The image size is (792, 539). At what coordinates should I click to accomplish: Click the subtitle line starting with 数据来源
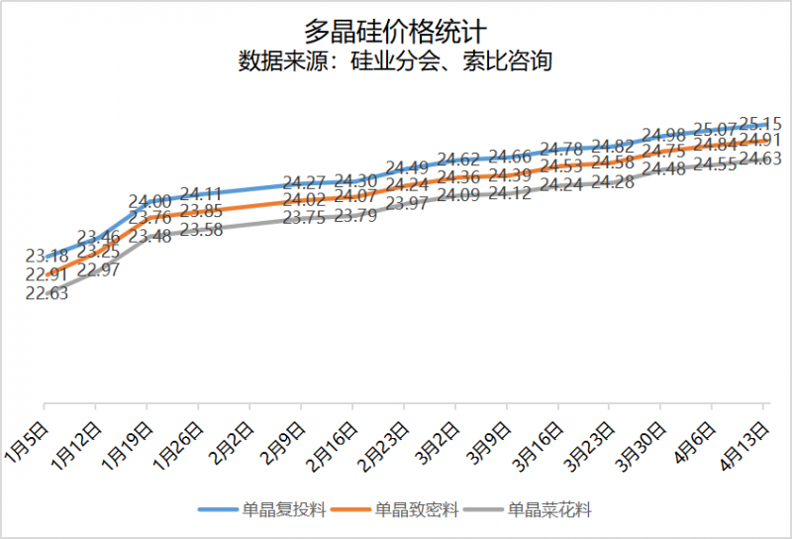pos(395,61)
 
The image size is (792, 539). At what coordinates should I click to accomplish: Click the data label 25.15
pos(761,124)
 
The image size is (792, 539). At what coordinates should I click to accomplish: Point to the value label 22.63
pos(47,293)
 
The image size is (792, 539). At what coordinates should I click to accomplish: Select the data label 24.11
pos(201,194)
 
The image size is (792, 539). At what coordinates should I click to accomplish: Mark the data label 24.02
pos(304,201)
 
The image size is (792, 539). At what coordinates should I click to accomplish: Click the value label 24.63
pos(761,159)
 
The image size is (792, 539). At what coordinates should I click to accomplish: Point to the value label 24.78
pos(561,150)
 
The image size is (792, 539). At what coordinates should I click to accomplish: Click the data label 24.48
pos(664,169)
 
